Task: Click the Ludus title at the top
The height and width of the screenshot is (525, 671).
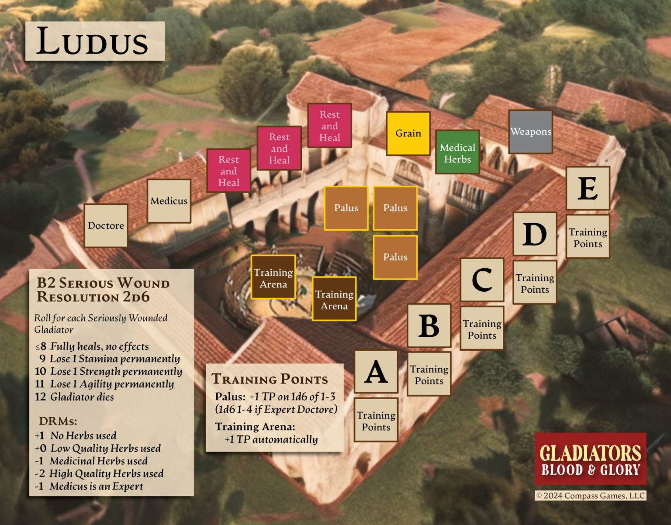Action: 94,41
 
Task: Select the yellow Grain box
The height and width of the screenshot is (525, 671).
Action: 408,133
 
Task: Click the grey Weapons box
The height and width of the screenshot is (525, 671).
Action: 530,131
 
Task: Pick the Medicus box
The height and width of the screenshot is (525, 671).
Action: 169,201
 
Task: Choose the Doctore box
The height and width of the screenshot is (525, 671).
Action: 106,225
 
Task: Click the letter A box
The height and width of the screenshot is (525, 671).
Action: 376,372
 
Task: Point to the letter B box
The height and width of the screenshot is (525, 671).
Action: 429,326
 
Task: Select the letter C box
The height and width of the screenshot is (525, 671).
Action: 482,280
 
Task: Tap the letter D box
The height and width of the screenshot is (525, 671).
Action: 535,234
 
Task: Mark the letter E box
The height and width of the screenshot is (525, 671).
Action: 588,188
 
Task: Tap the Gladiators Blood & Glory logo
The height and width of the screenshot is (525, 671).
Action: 590,459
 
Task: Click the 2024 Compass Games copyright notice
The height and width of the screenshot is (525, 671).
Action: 590,495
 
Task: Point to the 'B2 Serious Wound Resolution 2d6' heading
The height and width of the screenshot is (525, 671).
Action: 103,290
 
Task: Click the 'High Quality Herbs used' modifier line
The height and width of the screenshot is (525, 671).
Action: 99,473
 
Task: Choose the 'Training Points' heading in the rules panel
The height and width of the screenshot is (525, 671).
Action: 270,379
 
